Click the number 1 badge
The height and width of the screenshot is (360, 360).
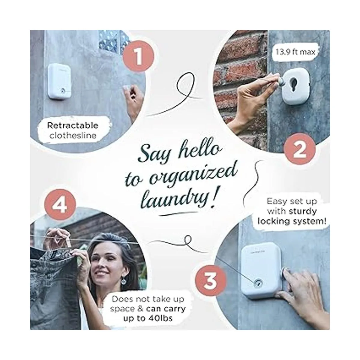click(x=138, y=56)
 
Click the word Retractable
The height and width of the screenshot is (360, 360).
click(x=73, y=125)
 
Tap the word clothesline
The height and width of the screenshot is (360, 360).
click(x=73, y=135)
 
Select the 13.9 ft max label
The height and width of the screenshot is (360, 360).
click(x=295, y=52)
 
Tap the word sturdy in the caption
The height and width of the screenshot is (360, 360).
click(x=303, y=211)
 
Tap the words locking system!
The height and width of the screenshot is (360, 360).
click(x=292, y=221)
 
